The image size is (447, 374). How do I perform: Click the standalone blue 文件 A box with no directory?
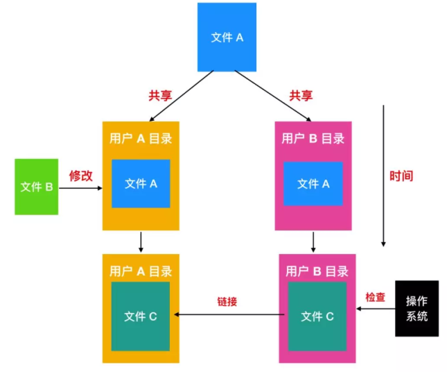pos(227,37)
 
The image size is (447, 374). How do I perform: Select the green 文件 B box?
pos(37,186)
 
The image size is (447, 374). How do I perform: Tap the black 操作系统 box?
pos(417,308)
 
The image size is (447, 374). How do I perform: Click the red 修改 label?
pos(81,176)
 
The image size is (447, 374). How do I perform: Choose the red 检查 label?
pos(376,297)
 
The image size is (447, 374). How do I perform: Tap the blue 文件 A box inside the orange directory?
pos(141,184)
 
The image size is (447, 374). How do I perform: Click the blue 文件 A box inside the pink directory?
pos(313,184)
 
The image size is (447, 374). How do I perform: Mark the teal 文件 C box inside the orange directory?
pos(141,316)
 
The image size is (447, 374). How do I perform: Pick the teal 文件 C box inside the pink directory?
pos(317,316)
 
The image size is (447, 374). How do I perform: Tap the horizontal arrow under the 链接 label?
pos(229,315)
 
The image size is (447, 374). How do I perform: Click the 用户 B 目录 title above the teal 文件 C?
pos(317,271)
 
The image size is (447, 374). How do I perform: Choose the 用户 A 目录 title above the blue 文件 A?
pos(141,138)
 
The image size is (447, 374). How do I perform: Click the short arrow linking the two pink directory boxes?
pos(313,241)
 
